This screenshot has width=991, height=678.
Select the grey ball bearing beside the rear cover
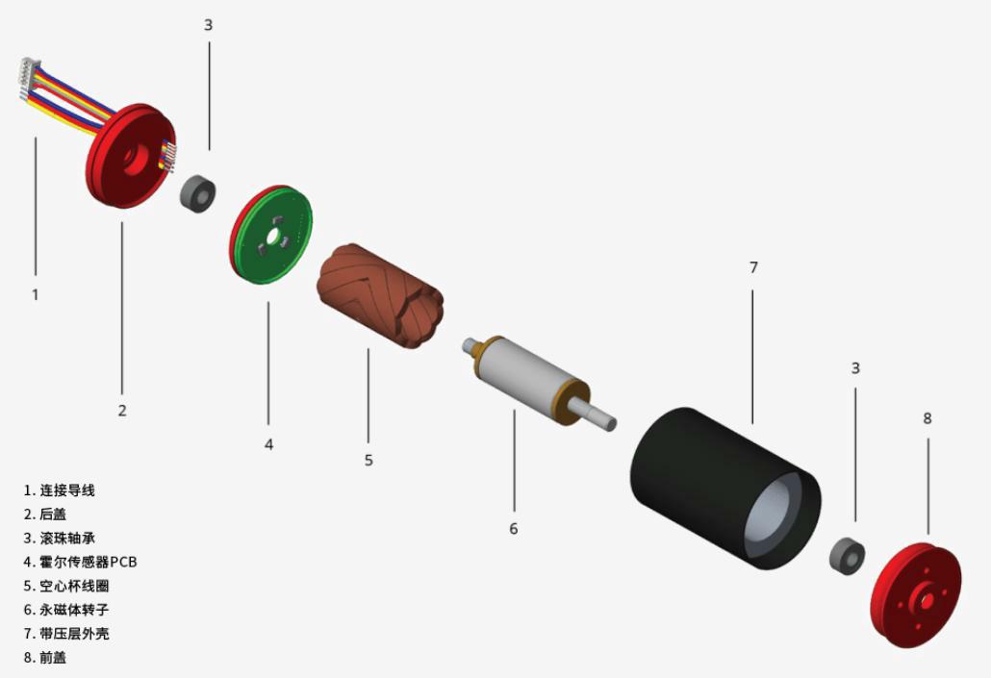point(198,192)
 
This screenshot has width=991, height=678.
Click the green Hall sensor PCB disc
point(271,235)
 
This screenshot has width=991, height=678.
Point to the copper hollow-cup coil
point(379,295)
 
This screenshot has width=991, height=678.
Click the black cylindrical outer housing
point(724,488)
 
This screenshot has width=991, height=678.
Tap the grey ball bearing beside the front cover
point(847,556)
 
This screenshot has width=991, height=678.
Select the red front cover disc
point(916,595)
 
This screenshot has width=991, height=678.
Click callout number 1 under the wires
point(36,294)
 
